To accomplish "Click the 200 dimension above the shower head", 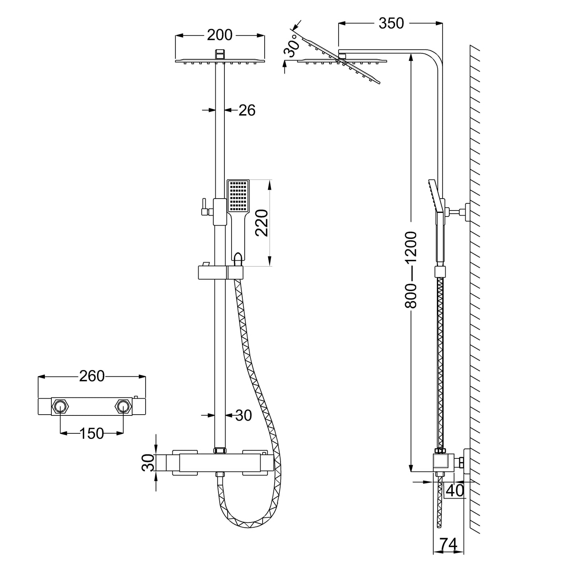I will tap(220, 35).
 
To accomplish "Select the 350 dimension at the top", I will tap(391, 23).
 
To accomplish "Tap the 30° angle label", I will tap(292, 45).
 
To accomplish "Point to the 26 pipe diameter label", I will tap(247, 110).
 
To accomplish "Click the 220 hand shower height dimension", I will tap(262, 223).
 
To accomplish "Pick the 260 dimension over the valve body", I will tap(92, 376).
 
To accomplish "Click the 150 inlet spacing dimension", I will tap(92, 433).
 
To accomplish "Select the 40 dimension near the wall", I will tap(455, 490).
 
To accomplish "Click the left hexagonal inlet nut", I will tap(60, 406).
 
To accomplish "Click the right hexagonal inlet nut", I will tap(123, 406).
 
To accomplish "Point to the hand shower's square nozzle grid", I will tap(238, 196).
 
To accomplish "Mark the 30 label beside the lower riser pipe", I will tap(244, 415).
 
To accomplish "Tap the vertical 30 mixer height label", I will tap(148, 462).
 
